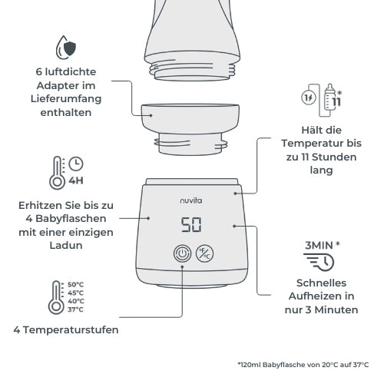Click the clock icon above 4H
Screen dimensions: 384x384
pos(76,164)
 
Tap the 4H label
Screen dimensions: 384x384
pos(76,183)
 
